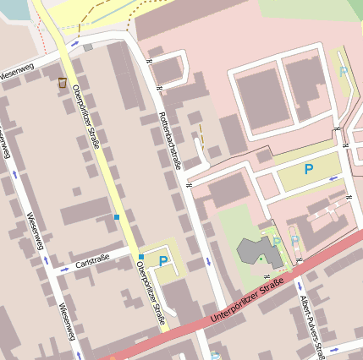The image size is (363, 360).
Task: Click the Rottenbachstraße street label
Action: pos(169,140)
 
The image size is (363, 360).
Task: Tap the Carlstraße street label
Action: pos(92,265)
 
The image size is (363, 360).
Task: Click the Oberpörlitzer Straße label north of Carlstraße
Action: pos(86,117)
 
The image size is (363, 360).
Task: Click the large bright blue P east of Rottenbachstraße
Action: pos(309,170)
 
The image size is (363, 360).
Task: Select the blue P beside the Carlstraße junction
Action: pos(162,260)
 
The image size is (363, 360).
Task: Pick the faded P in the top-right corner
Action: pos(344,73)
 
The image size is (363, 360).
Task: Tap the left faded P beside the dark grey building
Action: pos(277,243)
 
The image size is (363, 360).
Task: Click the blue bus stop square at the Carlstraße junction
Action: pos(140,257)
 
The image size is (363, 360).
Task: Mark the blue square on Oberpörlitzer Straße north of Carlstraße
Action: pos(116,218)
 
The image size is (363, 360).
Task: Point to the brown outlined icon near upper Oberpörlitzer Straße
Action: pos(62,82)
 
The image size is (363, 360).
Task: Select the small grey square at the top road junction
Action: pos(88,47)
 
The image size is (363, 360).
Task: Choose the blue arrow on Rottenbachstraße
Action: pos(208,262)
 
